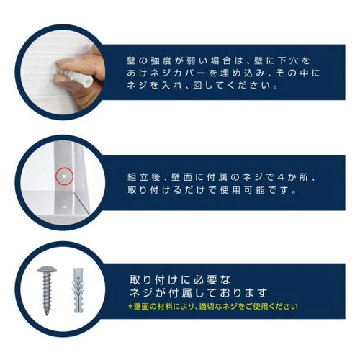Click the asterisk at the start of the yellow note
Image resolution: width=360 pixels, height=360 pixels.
pos(131,306)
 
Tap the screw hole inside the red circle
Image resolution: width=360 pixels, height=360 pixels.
pos(63,175)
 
